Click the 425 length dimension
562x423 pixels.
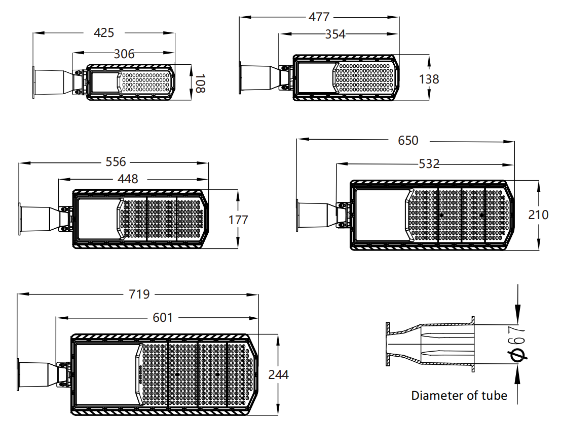(x=104, y=33)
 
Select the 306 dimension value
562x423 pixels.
(x=124, y=54)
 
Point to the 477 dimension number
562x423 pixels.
(x=319, y=17)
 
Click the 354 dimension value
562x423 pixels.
(x=335, y=34)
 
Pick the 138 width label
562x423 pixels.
(x=429, y=79)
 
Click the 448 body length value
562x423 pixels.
(x=128, y=179)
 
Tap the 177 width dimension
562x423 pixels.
(x=238, y=220)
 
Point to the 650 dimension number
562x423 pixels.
(x=408, y=140)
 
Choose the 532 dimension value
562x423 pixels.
(x=429, y=164)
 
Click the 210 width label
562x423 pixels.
(x=538, y=215)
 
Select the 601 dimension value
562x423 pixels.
(x=163, y=318)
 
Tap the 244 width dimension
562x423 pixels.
(x=278, y=374)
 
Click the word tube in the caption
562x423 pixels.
(x=494, y=395)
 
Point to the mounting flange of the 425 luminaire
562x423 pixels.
(x=34, y=82)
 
